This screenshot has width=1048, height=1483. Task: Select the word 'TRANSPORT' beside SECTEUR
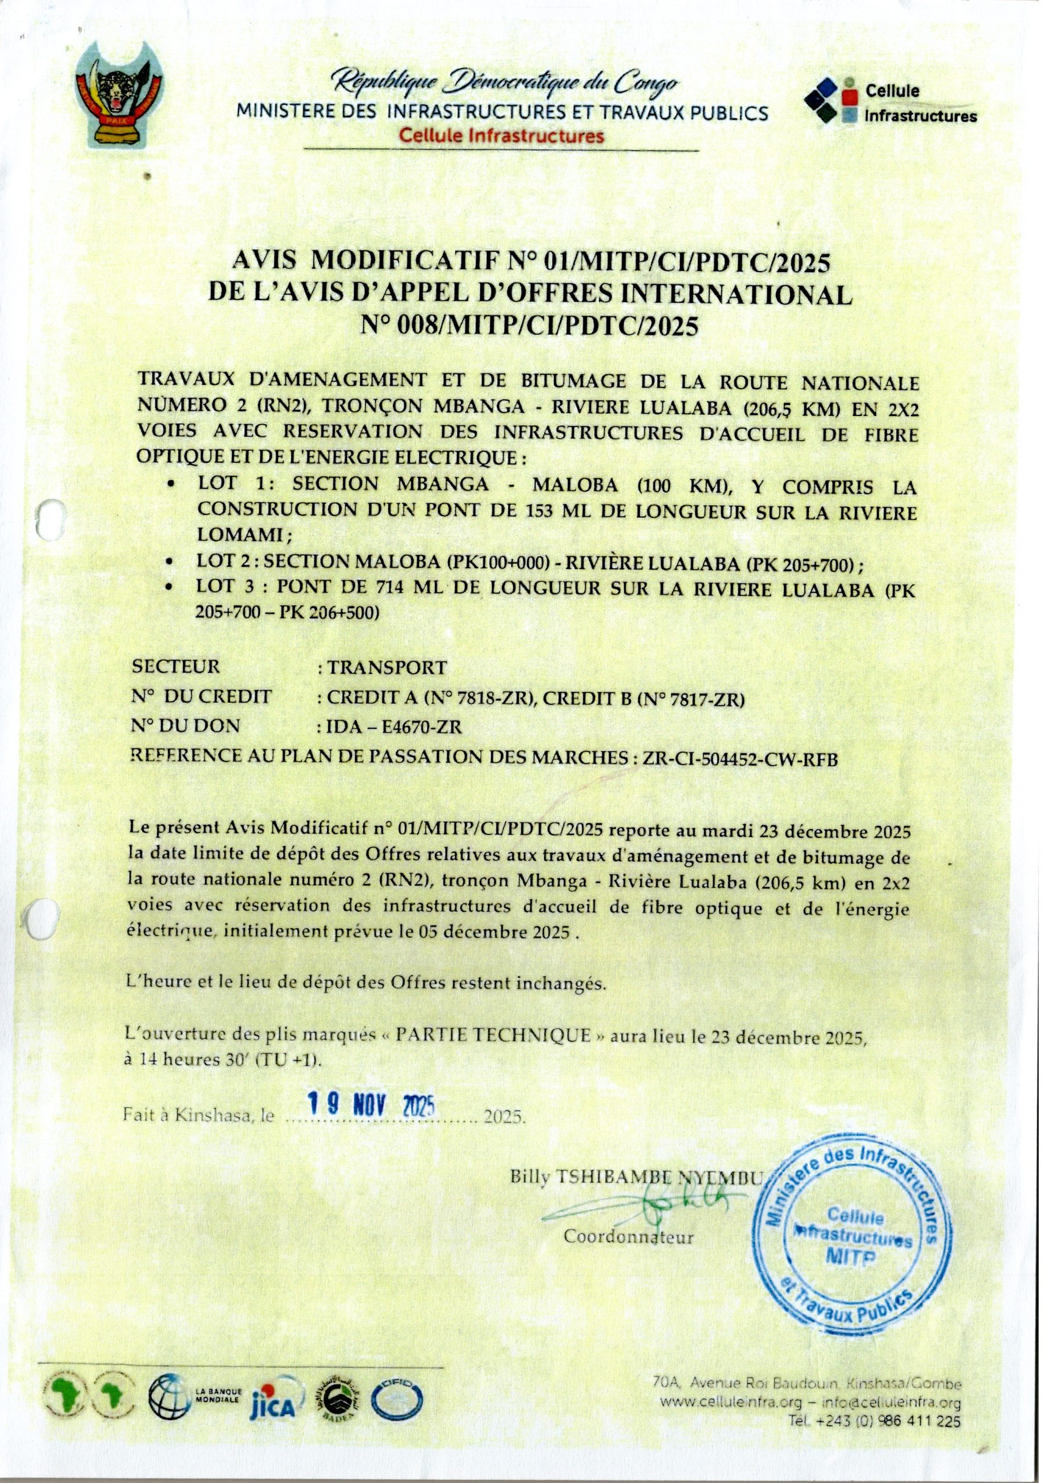pyautogui.click(x=386, y=667)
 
